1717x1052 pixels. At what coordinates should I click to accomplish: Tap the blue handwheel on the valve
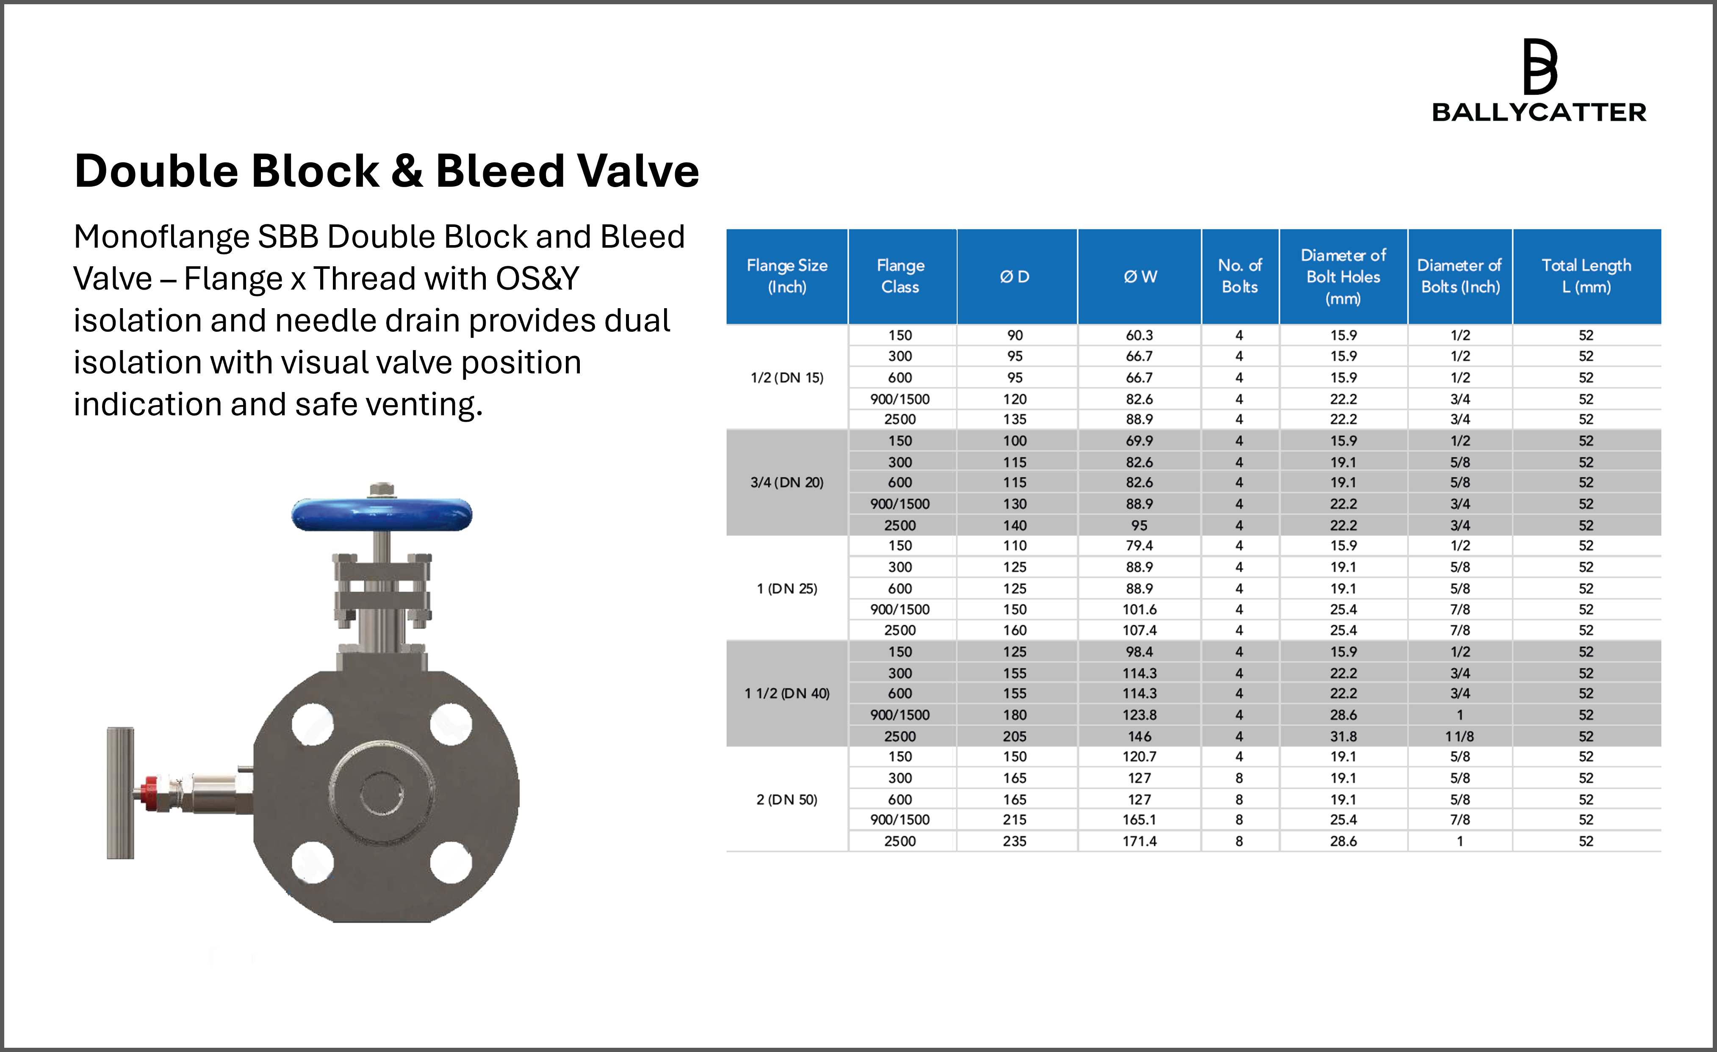pos(382,514)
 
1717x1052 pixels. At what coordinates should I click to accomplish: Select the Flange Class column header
pos(900,276)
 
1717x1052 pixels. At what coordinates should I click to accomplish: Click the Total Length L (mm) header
pos(1586,276)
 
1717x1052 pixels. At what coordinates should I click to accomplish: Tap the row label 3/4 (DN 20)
pos(787,482)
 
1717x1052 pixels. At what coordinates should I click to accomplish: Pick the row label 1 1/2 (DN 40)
pos(787,693)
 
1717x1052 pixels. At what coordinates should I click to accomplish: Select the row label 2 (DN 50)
pos(787,799)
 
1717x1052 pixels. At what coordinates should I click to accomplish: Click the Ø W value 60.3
pos(1139,335)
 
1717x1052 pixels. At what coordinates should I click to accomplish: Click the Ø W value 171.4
pos(1139,841)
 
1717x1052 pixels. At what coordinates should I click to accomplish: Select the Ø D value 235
pos(1015,841)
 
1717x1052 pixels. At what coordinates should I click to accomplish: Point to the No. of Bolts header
pos(1240,276)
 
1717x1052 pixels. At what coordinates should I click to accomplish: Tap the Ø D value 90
pos(1015,335)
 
